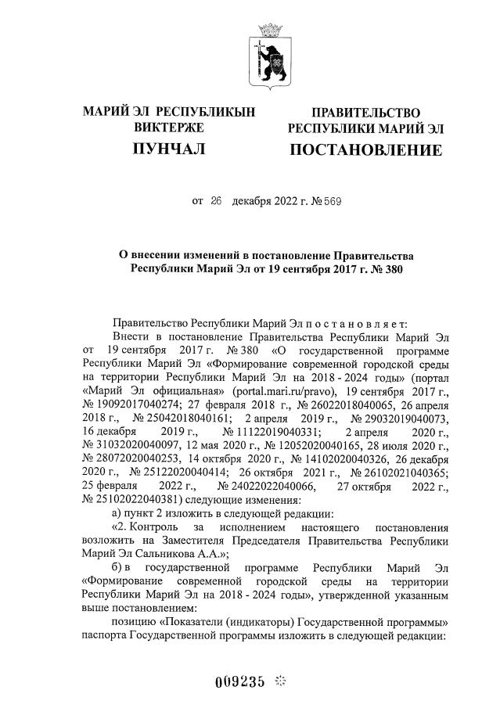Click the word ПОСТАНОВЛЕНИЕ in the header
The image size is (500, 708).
coord(365,149)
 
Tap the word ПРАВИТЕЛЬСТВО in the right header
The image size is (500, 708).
coord(365,113)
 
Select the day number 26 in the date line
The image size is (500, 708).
coord(218,201)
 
